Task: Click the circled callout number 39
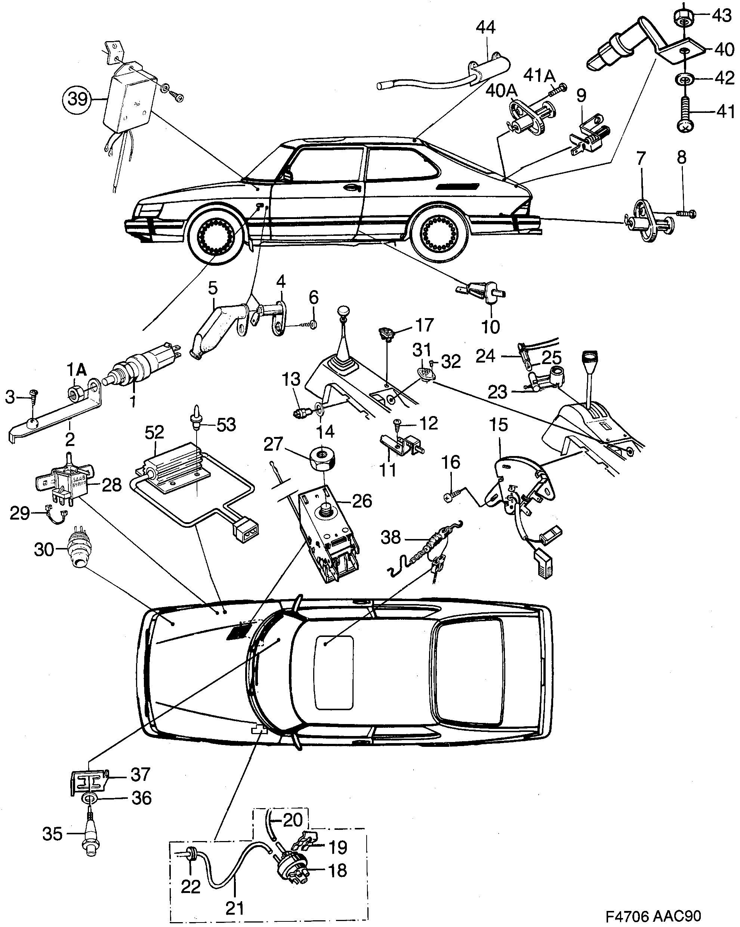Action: tap(78, 99)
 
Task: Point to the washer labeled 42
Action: tap(684, 79)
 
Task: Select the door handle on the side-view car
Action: tap(351, 188)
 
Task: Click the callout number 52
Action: tap(154, 432)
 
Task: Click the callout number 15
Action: tap(498, 425)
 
